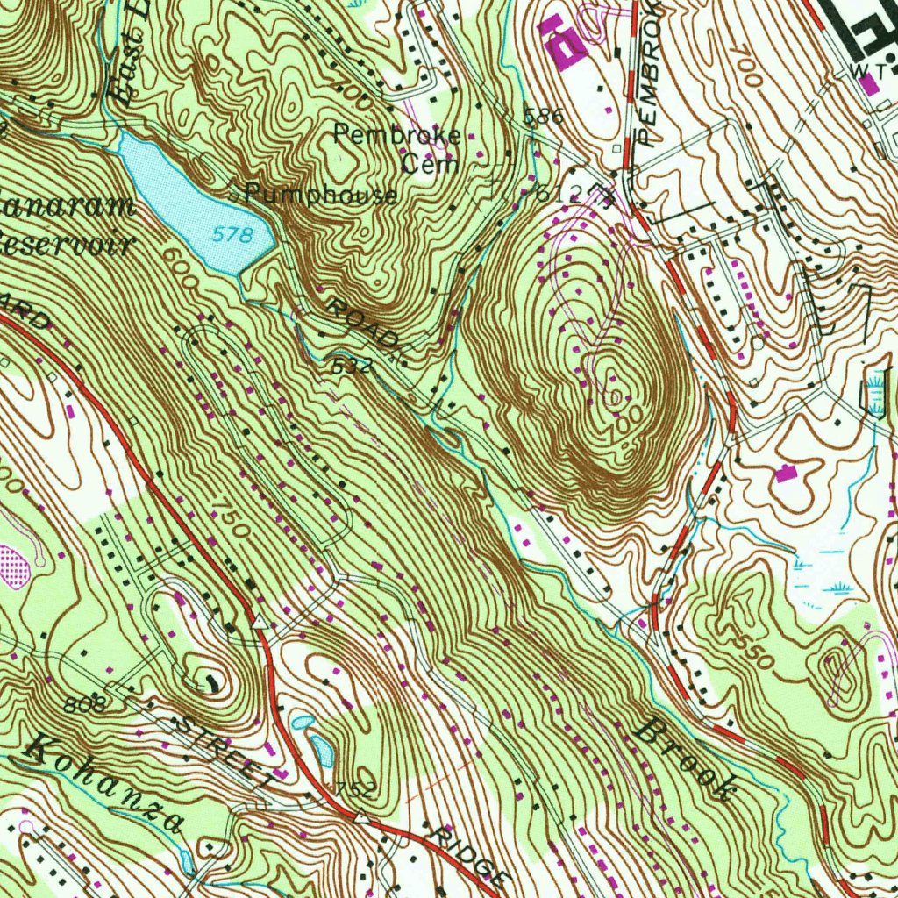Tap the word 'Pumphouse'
pos(320,195)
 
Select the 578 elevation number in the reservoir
pos(232,235)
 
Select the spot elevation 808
pos(85,703)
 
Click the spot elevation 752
pos(353,790)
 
